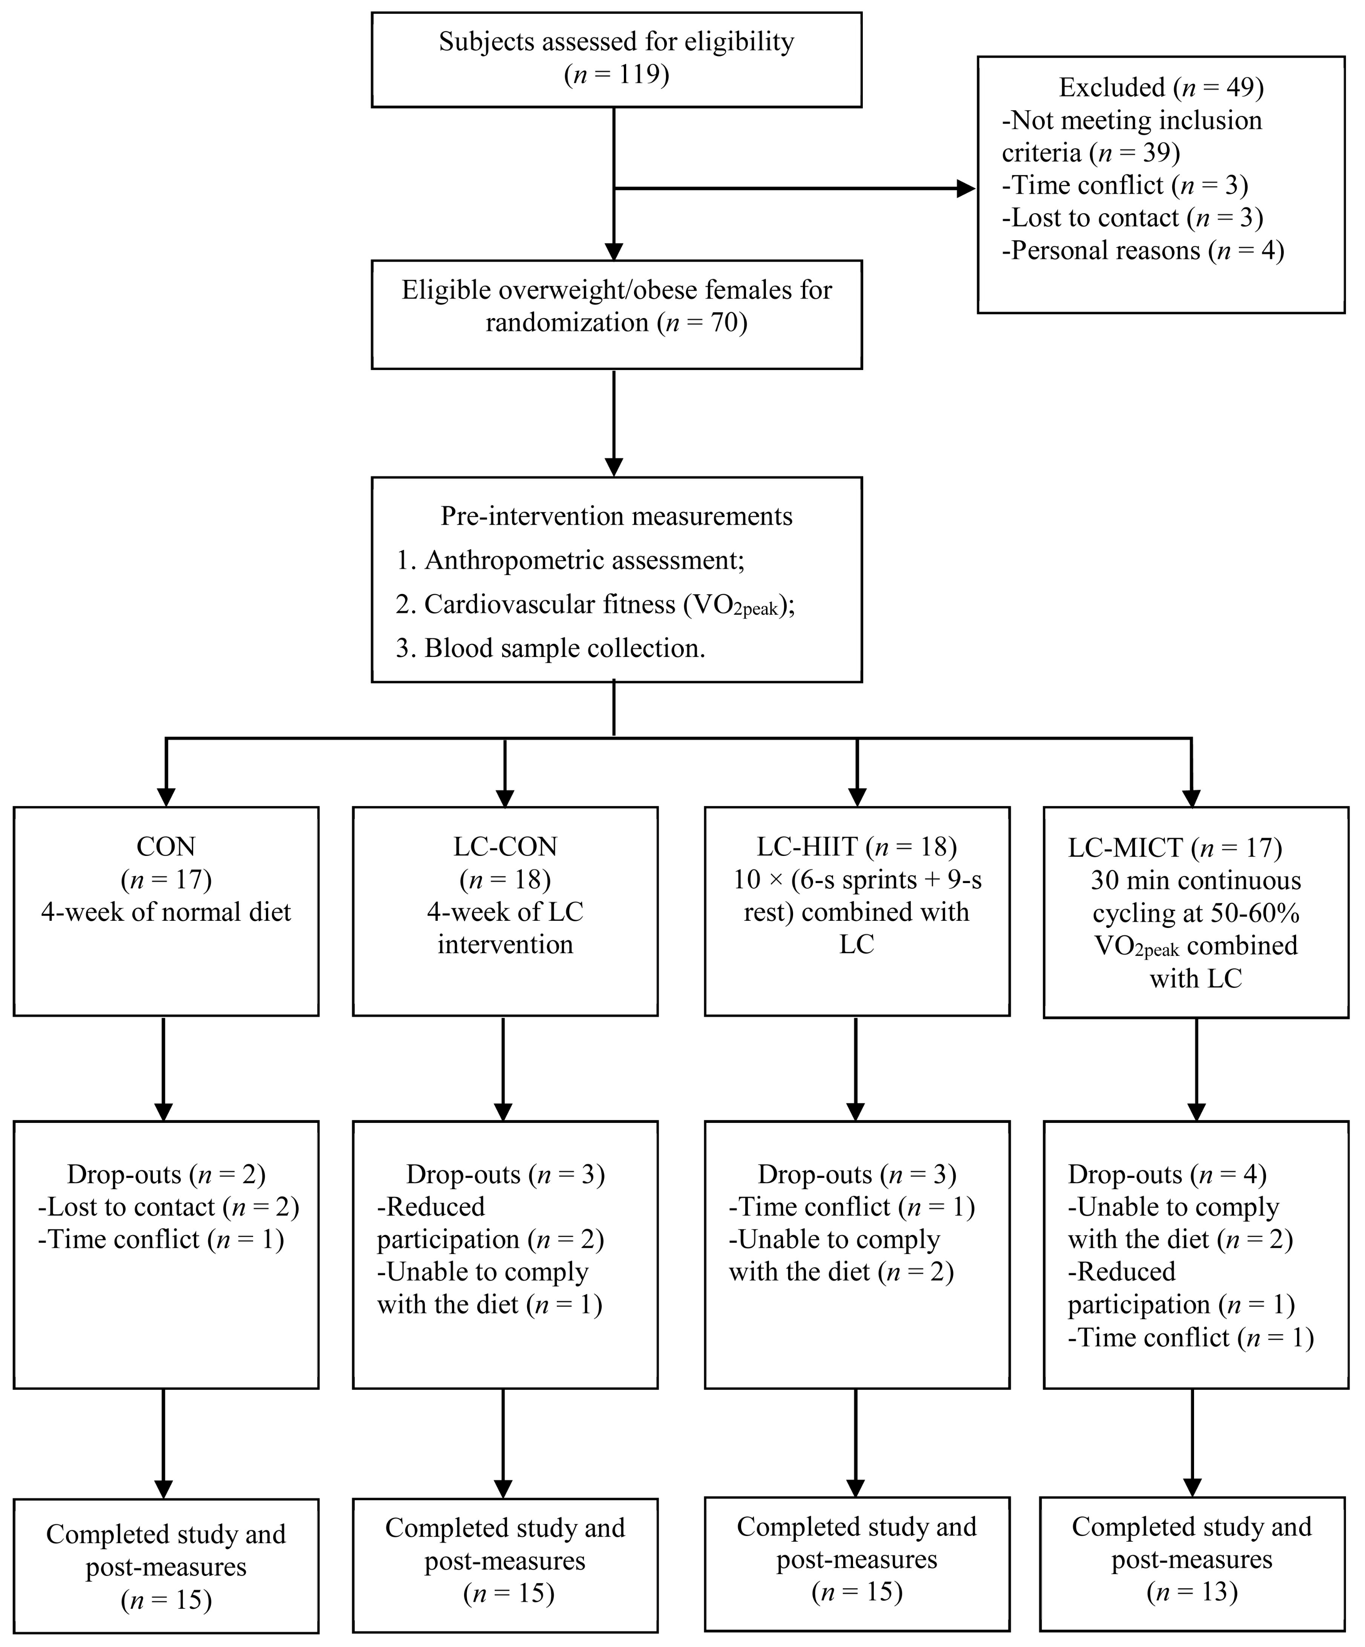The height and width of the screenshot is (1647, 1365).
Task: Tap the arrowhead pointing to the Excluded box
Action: coord(966,188)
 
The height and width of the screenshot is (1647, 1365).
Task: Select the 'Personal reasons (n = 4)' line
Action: coord(1143,251)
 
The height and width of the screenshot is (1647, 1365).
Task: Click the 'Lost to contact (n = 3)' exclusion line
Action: coord(1132,218)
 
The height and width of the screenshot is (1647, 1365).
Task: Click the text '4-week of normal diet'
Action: coord(166,913)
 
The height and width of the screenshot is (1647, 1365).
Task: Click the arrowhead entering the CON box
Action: coord(166,797)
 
